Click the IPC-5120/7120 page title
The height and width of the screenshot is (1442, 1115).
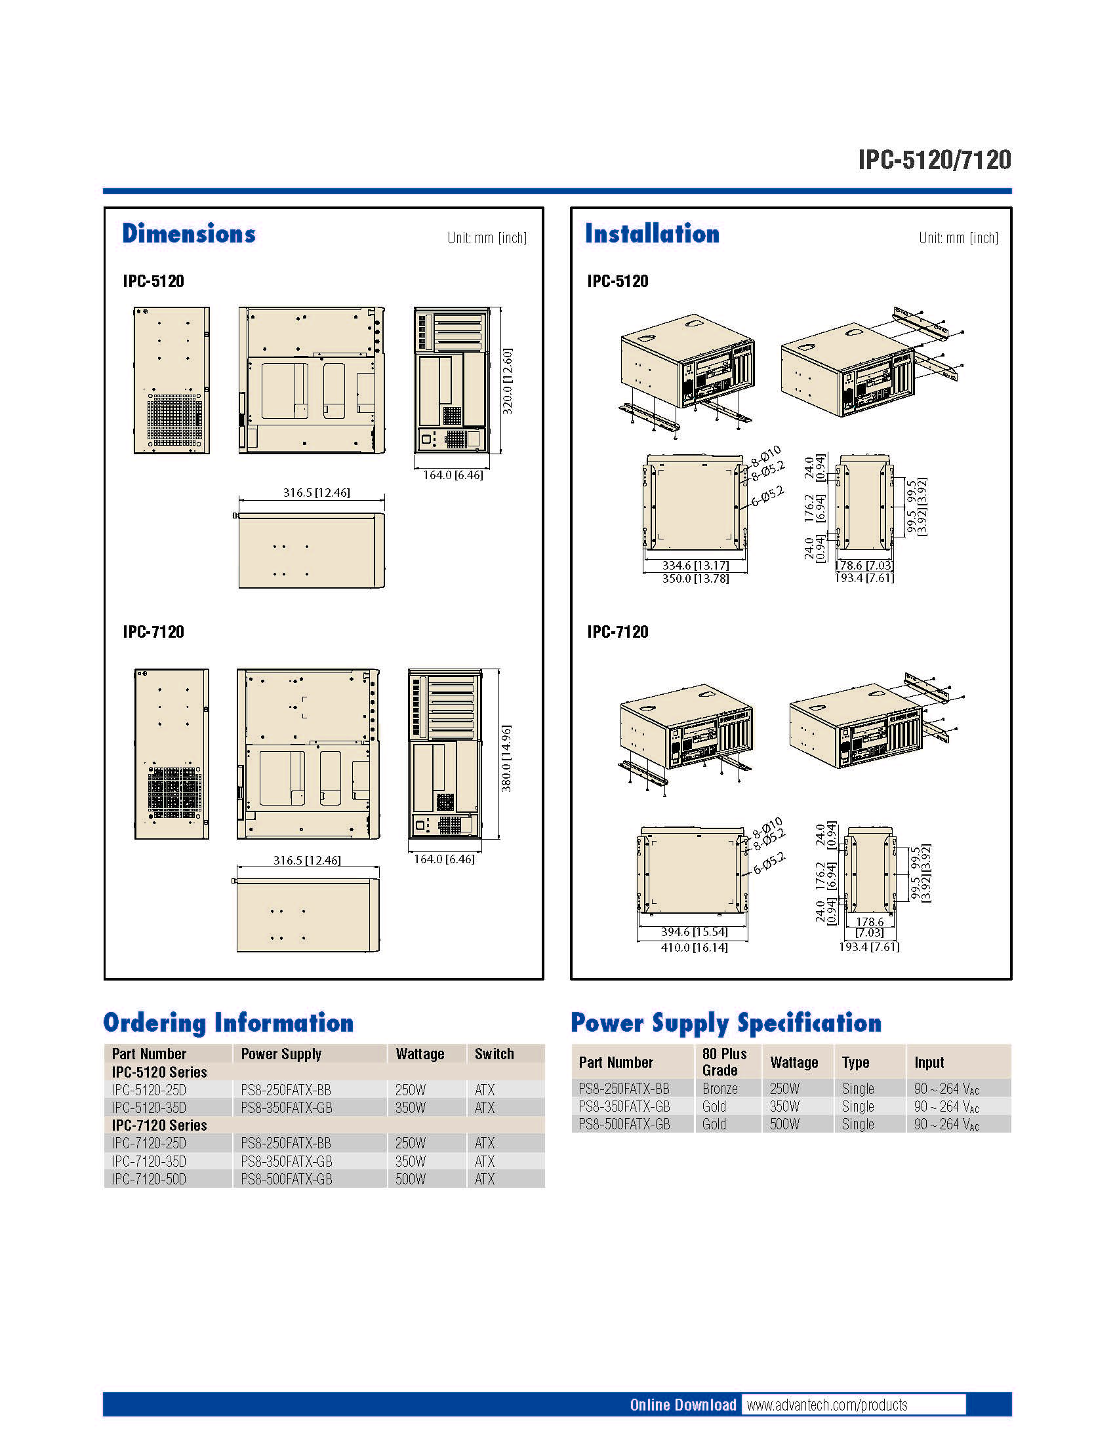click(x=934, y=160)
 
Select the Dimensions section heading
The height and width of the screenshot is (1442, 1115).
click(x=189, y=234)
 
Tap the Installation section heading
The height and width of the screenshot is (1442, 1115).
click(x=652, y=234)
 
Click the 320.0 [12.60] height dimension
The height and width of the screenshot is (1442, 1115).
click(x=507, y=381)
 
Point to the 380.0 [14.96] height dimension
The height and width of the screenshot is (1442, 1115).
click(x=506, y=758)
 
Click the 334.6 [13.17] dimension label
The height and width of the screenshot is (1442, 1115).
click(x=695, y=566)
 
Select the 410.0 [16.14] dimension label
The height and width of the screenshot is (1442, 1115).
click(x=694, y=948)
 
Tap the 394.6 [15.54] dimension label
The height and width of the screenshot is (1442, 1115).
click(x=694, y=931)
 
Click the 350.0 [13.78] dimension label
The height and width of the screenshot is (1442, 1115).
click(x=695, y=578)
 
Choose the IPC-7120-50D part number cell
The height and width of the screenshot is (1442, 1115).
click(x=149, y=1179)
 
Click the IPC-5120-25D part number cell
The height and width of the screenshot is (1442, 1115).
click(x=149, y=1089)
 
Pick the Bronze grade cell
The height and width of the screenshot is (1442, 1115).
click(x=720, y=1088)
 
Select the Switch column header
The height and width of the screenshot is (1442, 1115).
click(x=494, y=1054)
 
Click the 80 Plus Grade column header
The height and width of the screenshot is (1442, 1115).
click(x=725, y=1062)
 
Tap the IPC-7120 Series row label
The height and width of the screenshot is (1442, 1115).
click(x=159, y=1125)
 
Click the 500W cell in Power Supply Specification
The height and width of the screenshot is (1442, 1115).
click(x=784, y=1123)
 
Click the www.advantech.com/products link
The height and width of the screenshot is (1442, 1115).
click(x=827, y=1405)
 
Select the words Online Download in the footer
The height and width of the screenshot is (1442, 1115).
click(x=683, y=1405)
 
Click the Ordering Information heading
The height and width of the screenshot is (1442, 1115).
click(x=228, y=1023)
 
